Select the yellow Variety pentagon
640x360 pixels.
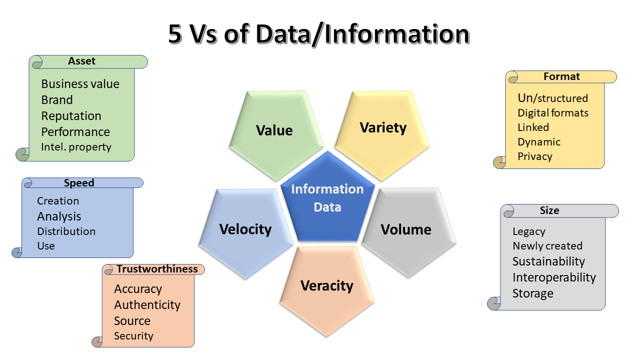point(382,133)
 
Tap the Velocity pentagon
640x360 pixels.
point(246,231)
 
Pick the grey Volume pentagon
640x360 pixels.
point(409,231)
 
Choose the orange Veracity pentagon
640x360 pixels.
point(327,290)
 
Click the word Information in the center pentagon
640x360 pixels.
point(327,189)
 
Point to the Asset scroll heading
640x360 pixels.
point(81,61)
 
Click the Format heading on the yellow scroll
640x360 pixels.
point(561,76)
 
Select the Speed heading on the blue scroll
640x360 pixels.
point(79,183)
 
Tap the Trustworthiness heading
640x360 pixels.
point(157,269)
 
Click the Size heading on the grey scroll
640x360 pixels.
point(549,210)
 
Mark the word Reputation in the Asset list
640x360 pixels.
point(71,116)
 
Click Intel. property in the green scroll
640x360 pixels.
point(76,147)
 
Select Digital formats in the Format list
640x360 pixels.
point(553,113)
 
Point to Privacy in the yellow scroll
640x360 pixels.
point(535,156)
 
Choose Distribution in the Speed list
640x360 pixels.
point(66,231)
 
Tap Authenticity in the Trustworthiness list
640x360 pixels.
point(147,305)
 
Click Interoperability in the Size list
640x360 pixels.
point(554,277)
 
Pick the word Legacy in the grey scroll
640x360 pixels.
point(529,231)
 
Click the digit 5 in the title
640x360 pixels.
point(175,34)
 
